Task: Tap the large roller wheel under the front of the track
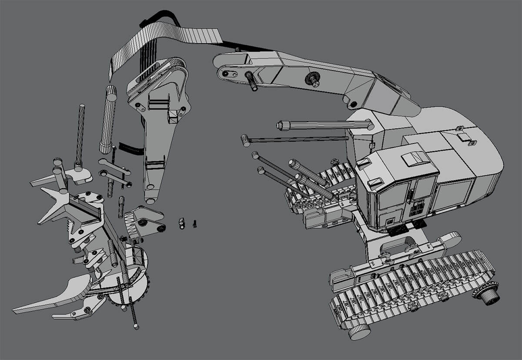359,331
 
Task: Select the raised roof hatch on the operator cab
415,159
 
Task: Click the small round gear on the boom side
312,79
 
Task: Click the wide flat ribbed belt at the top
165,37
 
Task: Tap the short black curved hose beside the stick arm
130,149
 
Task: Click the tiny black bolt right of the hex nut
194,224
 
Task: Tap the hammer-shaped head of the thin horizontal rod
245,140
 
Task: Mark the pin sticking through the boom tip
251,81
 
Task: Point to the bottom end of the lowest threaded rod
136,326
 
